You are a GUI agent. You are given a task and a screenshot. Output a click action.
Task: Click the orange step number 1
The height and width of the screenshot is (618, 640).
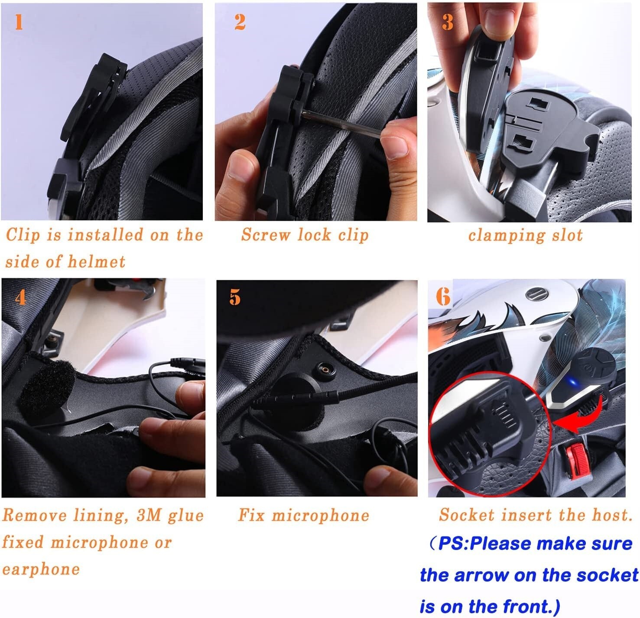[19, 23]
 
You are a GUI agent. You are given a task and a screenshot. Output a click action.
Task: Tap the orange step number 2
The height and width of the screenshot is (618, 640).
[240, 22]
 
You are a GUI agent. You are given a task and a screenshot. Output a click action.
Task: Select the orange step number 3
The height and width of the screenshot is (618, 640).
[448, 23]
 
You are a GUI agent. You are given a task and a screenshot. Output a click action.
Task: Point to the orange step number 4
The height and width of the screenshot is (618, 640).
[20, 298]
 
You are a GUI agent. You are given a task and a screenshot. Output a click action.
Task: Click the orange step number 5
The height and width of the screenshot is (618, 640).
[235, 297]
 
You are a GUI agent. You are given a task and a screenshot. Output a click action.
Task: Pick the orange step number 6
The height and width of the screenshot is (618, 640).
[443, 297]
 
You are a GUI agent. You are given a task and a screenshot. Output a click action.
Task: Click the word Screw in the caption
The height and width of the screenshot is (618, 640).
[266, 235]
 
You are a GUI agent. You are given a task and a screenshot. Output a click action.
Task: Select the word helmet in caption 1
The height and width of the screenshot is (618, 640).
[96, 262]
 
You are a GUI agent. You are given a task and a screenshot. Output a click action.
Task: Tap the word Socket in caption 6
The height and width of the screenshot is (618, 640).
[466, 515]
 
